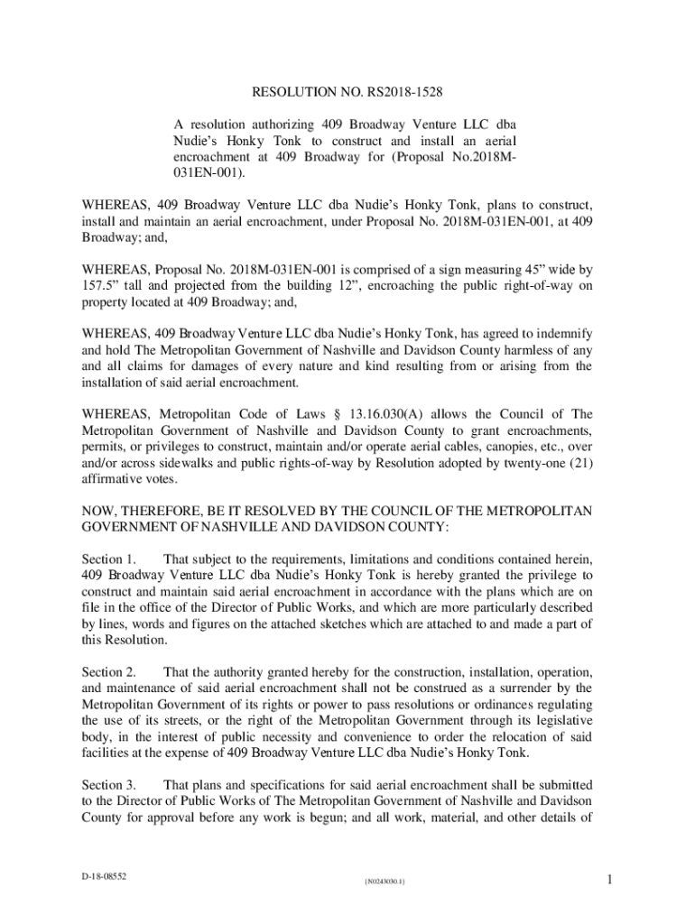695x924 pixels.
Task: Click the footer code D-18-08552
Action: coord(101,876)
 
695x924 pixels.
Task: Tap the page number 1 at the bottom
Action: coord(610,880)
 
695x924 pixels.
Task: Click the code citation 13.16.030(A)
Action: coord(415,414)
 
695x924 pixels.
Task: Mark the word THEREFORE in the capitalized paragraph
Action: coord(165,511)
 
